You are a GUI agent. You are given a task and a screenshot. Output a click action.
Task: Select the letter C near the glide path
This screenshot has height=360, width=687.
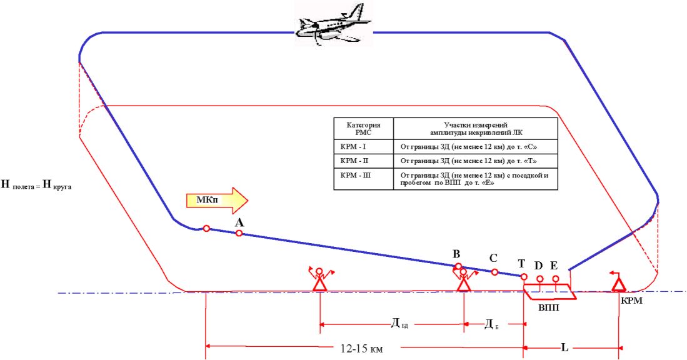(493, 257)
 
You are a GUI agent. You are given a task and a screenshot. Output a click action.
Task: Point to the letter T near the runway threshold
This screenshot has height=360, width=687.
(521, 264)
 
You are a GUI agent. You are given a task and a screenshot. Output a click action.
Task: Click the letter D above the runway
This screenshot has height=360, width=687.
(538, 266)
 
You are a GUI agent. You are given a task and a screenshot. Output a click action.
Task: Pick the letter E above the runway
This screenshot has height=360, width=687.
(554, 266)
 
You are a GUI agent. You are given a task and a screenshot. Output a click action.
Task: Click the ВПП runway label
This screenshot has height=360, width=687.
(548, 307)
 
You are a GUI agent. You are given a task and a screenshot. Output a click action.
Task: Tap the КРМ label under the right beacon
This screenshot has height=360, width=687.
(631, 300)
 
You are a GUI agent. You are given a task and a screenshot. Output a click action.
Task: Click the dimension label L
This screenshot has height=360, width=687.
(564, 347)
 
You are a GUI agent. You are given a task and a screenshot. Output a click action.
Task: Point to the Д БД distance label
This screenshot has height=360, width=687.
(399, 323)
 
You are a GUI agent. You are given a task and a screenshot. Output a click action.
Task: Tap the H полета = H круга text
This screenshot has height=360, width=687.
(38, 184)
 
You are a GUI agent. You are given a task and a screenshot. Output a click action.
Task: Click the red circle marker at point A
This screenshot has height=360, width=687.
(239, 233)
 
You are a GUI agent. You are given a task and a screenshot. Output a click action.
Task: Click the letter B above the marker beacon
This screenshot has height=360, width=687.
(456, 254)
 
